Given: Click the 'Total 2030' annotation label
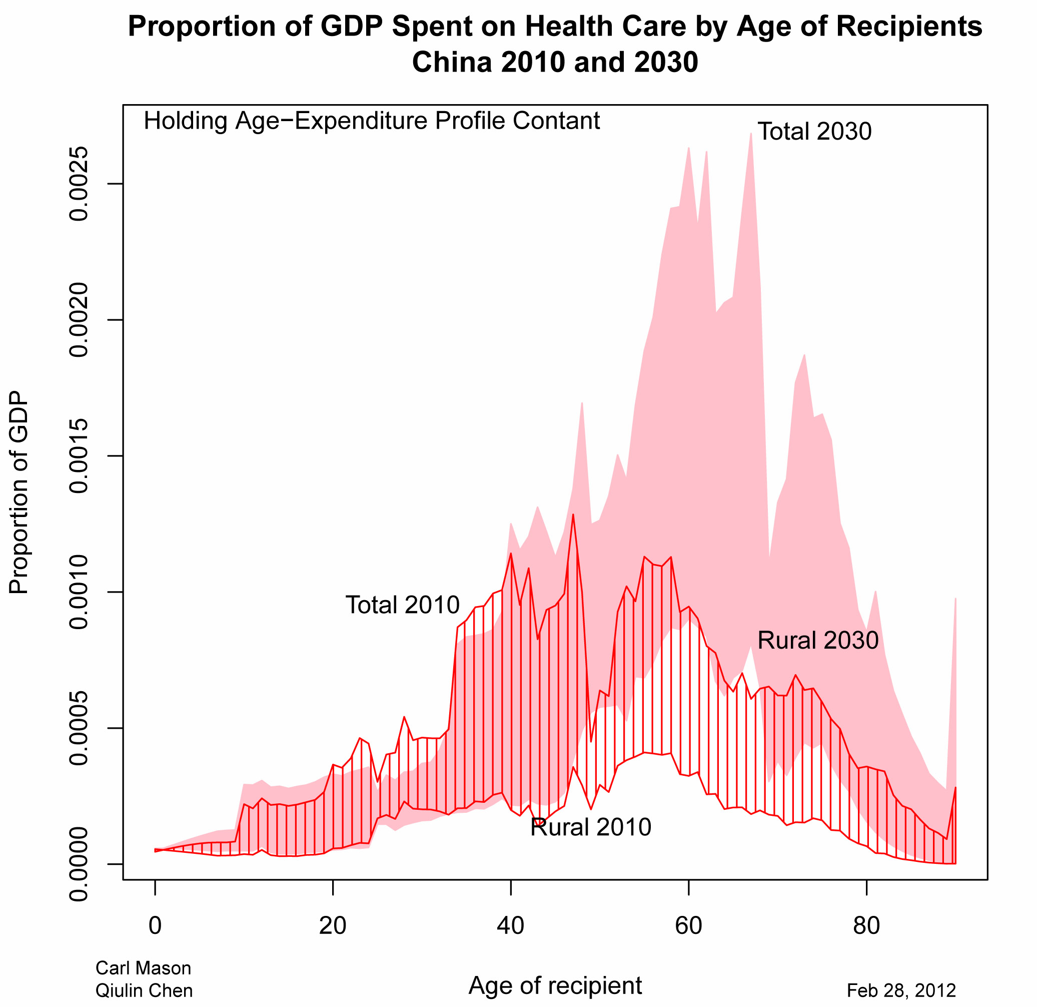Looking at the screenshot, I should pyautogui.click(x=814, y=131).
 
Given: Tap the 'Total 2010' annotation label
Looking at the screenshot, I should pyautogui.click(x=403, y=605).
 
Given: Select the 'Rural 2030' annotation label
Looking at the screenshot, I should pyautogui.click(x=818, y=640).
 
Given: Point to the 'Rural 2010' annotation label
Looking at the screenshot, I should pyautogui.click(x=590, y=827).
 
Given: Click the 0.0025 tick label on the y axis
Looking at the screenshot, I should pyautogui.click(x=79, y=184).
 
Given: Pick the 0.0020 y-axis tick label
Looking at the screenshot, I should pyautogui.click(x=79, y=320).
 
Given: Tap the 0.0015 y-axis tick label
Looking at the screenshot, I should pyautogui.click(x=79, y=456).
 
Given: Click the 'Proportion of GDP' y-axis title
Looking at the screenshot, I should pyautogui.click(x=19, y=492).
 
